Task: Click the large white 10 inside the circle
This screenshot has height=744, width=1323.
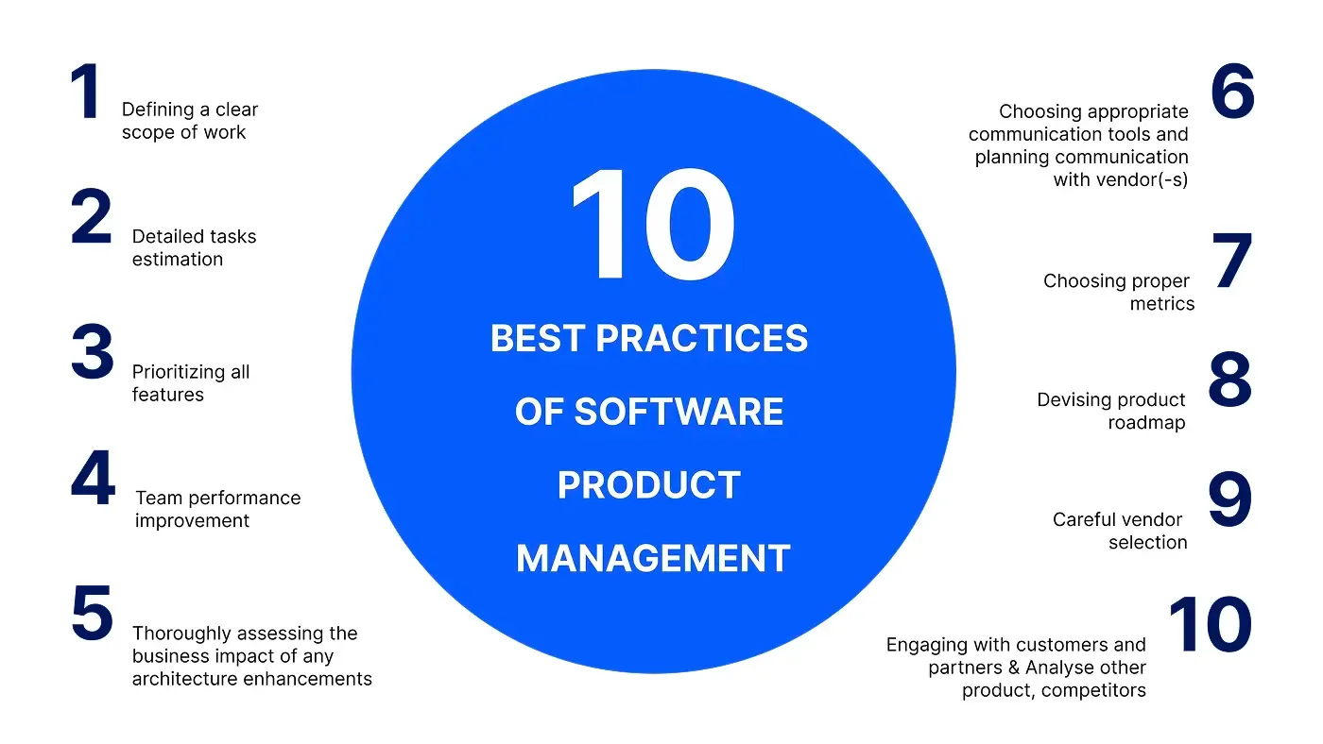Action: (x=652, y=227)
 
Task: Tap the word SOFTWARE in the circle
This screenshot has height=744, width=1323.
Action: (x=679, y=412)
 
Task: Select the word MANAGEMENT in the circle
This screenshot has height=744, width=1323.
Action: (x=653, y=559)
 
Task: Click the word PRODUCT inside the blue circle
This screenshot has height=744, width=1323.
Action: (x=648, y=485)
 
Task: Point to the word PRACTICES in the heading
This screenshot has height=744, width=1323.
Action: (x=702, y=338)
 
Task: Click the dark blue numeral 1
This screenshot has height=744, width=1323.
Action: (x=86, y=93)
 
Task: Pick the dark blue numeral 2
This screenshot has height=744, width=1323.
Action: (x=92, y=219)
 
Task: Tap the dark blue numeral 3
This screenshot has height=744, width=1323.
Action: (x=92, y=353)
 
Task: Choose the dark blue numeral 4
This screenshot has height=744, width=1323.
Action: (x=93, y=479)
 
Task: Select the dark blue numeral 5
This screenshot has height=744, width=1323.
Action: (x=92, y=614)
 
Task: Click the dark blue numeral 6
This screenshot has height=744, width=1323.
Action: (x=1232, y=93)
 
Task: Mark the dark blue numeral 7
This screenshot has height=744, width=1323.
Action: (x=1233, y=262)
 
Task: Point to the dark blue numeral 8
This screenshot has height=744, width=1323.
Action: (x=1229, y=380)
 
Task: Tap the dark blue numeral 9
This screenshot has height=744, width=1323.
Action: (x=1229, y=500)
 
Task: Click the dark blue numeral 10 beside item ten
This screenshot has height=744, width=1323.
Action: (x=1210, y=625)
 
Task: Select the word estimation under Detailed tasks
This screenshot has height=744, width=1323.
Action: (x=178, y=260)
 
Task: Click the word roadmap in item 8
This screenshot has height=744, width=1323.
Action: (x=1146, y=423)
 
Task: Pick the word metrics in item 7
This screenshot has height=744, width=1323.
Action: (x=1162, y=304)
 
